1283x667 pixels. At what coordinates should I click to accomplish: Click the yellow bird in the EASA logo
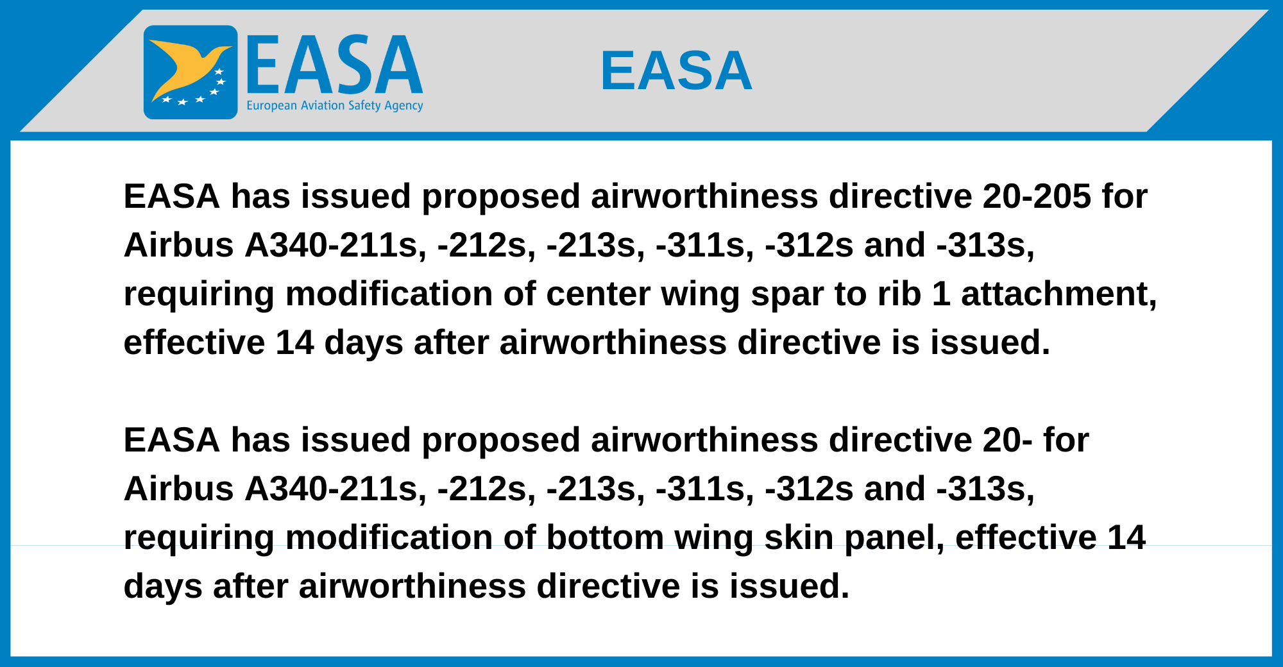[186, 67]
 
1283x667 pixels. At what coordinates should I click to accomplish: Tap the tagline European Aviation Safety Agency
[335, 106]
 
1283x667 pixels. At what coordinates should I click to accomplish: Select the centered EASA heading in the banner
[676, 71]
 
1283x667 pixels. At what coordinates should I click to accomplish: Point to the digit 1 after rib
[941, 294]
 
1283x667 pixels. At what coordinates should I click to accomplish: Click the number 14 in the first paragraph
[295, 342]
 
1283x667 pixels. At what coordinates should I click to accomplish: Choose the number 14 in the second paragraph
[1126, 537]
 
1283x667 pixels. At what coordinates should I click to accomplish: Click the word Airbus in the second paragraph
[179, 489]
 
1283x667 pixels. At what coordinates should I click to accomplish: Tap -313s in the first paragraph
[986, 245]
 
